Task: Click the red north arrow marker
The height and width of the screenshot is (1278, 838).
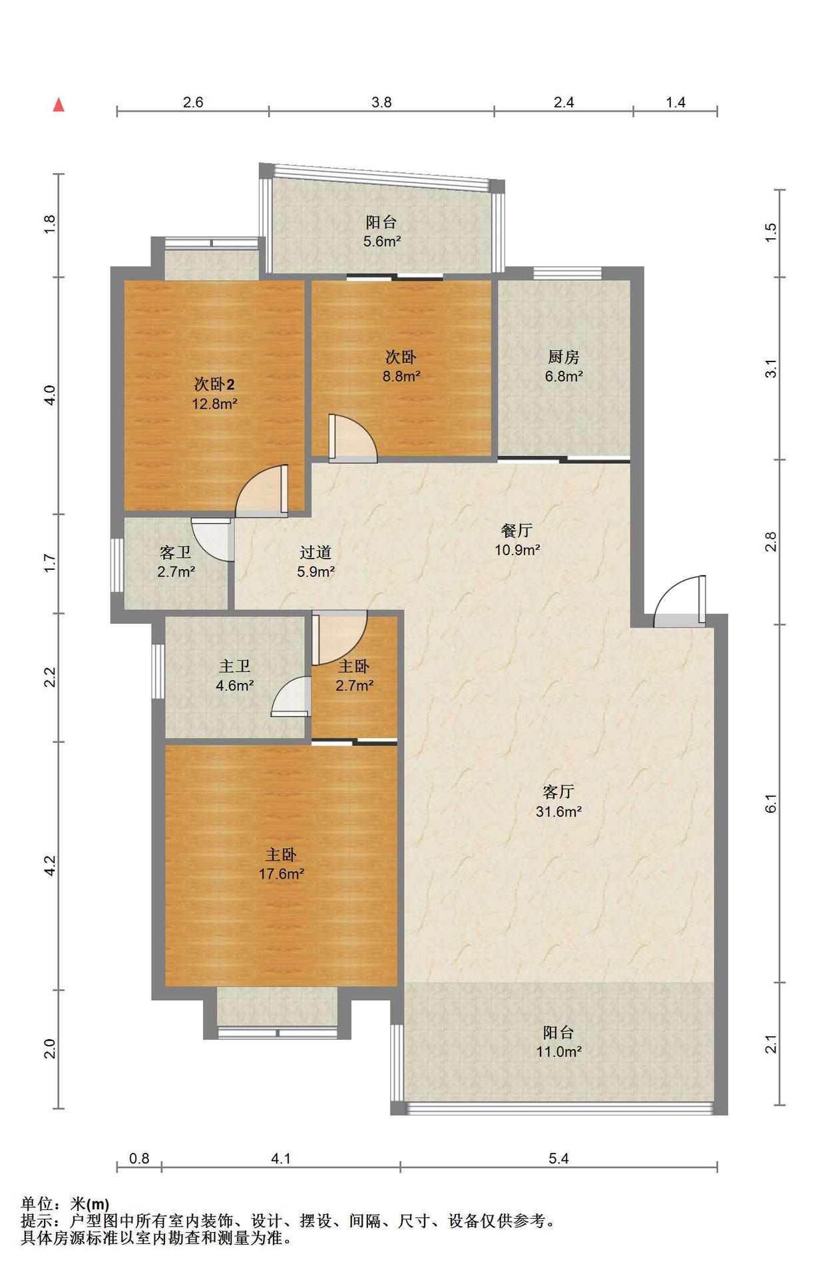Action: (59, 105)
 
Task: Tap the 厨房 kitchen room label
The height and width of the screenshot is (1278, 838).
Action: (564, 357)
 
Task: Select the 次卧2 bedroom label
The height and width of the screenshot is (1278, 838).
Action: (214, 384)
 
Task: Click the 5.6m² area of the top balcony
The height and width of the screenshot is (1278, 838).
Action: (382, 242)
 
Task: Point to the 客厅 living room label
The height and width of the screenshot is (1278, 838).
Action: (558, 791)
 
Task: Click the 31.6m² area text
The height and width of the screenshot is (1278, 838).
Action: (559, 811)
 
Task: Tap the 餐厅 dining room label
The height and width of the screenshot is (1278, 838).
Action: (517, 531)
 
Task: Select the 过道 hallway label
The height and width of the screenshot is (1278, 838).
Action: (315, 552)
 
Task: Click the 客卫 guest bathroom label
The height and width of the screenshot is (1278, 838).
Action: (176, 552)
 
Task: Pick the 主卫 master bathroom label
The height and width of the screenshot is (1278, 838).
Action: (235, 666)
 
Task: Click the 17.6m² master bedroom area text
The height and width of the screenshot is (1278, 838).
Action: (282, 874)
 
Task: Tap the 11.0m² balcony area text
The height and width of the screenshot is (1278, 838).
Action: (559, 1052)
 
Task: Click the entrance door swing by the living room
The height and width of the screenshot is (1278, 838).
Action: (679, 601)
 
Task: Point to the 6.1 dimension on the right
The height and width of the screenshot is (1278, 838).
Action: (771, 803)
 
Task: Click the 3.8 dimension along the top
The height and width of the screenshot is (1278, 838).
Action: (381, 102)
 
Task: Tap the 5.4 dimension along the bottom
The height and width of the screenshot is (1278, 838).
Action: (558, 1159)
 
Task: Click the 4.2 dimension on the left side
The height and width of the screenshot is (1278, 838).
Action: (50, 865)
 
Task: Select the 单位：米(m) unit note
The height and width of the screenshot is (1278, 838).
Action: (65, 1203)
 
